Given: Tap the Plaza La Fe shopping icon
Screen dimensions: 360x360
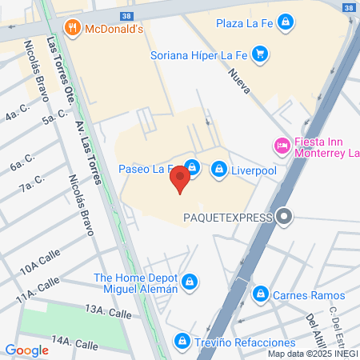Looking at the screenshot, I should [286, 23].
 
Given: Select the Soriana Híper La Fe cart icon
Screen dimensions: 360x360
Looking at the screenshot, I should [259, 55].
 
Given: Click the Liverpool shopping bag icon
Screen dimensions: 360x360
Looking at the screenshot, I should [218, 170].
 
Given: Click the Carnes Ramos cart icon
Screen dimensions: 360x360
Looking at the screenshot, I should [259, 295].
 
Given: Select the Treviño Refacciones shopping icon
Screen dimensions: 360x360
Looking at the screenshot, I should [182, 342].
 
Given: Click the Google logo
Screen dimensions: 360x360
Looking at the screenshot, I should [26, 350].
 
